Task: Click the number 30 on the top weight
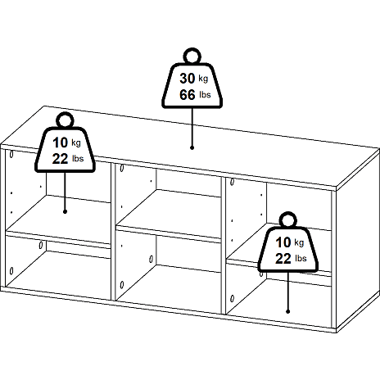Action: [188, 79]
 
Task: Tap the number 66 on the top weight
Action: [188, 95]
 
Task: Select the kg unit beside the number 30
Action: [203, 79]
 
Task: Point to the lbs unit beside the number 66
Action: [205, 95]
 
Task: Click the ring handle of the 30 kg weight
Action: [192, 49]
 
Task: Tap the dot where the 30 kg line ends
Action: [192, 147]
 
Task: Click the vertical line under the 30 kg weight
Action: [192, 127]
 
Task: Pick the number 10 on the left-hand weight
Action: [60, 142]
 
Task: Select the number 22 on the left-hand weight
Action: [60, 159]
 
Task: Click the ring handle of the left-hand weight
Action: [65, 114]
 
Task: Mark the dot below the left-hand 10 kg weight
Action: [65, 211]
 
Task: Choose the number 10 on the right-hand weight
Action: [283, 242]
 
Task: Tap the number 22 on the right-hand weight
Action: [283, 259]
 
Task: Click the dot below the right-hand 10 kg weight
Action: [288, 311]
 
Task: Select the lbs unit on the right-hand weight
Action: [301, 258]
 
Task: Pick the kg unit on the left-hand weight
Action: [76, 143]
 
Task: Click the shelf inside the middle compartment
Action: [169, 215]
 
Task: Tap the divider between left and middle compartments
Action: [113, 231]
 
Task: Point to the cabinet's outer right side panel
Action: [358, 241]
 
